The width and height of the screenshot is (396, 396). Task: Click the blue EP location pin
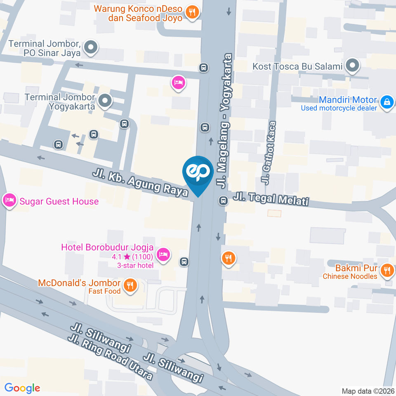(198, 172)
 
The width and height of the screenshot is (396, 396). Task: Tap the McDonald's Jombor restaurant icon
(130, 285)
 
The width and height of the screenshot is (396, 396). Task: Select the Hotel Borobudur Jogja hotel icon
(164, 254)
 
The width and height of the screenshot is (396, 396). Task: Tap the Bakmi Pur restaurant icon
(387, 271)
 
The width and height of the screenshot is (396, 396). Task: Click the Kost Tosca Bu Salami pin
(352, 66)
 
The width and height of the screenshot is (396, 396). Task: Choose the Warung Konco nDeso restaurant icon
(192, 12)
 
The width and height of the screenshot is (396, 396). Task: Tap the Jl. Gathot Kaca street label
(269, 153)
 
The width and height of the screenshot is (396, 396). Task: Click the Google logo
(22, 388)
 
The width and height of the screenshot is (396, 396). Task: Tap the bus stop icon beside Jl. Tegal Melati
(223, 201)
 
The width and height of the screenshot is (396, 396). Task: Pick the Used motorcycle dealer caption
(339, 108)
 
